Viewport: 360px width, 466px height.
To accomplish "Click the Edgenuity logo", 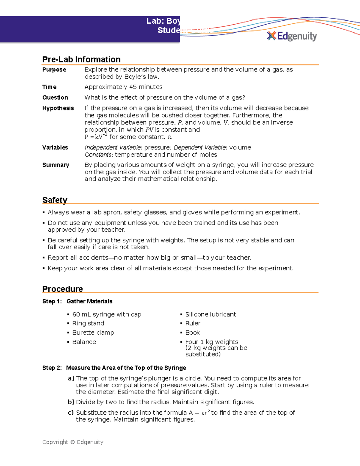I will point(292,36).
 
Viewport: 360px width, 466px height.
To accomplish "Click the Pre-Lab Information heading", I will point(81,59).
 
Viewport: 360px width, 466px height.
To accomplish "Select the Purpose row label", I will point(54,70).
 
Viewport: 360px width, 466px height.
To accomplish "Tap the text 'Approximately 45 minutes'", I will point(123,87).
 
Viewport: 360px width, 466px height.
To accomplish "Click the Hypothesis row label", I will point(58,108).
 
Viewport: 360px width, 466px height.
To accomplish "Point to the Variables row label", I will point(55,148).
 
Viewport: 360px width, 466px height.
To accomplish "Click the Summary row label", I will point(55,165).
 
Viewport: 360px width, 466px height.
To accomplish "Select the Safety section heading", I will point(55,200).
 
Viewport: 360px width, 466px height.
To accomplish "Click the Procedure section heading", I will point(62,289).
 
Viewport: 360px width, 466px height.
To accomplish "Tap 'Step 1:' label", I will point(52,301).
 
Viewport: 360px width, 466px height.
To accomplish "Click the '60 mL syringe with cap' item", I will point(106,314).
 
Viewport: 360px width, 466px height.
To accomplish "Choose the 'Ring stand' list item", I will point(88,323).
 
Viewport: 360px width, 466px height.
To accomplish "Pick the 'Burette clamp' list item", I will point(93,333).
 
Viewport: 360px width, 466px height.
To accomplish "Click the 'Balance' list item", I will point(84,342).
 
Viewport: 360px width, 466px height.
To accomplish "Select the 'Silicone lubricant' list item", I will point(210,314).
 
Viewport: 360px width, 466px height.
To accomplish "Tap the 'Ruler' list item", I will point(193,323).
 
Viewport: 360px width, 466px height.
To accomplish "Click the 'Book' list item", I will point(192,333).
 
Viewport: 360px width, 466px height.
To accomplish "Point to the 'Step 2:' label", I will point(52,368).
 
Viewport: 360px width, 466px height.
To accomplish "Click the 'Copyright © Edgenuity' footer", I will point(73,442).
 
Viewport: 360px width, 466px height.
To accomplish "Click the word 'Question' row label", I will point(55,98).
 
